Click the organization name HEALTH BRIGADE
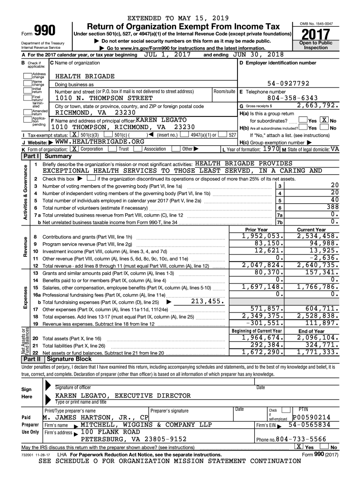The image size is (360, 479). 85,76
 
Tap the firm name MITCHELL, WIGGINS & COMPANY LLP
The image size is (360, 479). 146,425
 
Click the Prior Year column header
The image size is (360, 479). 256,230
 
